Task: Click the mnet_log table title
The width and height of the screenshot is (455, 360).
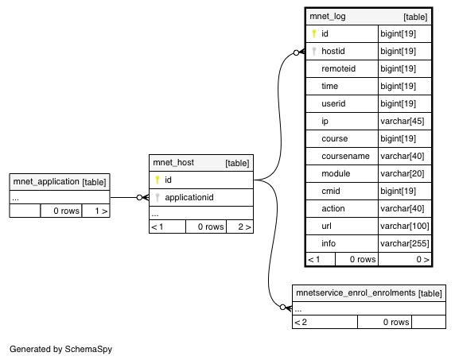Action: click(x=328, y=17)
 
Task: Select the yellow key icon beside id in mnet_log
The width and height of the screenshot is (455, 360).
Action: click(x=314, y=33)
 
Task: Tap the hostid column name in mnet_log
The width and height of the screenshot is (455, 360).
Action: click(x=333, y=52)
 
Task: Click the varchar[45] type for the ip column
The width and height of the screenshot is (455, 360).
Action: click(x=402, y=121)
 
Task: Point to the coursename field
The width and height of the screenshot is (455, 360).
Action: click(x=345, y=157)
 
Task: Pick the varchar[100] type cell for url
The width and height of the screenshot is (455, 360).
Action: click(x=405, y=226)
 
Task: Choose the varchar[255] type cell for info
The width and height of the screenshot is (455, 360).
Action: click(x=405, y=243)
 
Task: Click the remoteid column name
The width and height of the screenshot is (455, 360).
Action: click(x=339, y=68)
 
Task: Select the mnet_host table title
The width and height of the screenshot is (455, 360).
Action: click(x=173, y=163)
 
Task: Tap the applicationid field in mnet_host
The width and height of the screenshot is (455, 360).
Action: click(x=189, y=198)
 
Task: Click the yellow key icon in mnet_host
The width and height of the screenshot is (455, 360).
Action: click(x=157, y=180)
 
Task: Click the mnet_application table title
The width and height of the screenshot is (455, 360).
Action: click(x=46, y=182)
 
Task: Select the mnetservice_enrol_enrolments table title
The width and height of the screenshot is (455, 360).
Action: click(x=356, y=293)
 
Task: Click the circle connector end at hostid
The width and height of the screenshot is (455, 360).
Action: click(x=296, y=52)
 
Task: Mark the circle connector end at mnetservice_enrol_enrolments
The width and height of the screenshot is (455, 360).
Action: click(x=283, y=308)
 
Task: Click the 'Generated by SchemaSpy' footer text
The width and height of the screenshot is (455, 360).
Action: click(x=61, y=350)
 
